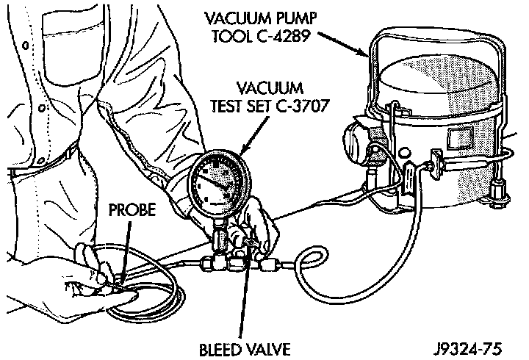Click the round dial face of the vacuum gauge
tap(217, 187)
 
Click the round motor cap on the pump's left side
tap(356, 140)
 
